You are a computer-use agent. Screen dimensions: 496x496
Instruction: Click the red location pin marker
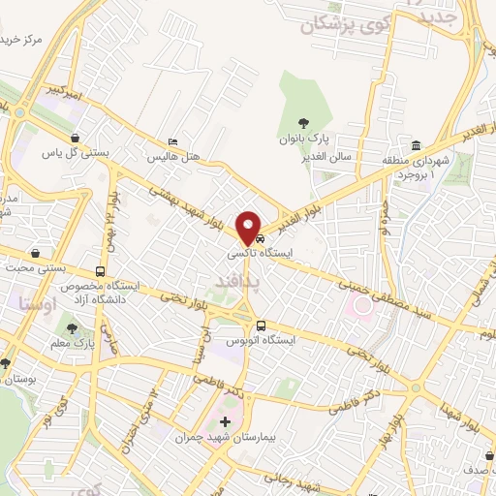click(249, 226)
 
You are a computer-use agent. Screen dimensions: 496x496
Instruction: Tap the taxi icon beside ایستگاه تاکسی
click(261, 239)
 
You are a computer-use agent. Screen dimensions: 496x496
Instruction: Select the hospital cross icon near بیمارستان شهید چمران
click(225, 421)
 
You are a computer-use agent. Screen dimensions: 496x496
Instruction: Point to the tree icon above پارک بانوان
click(304, 122)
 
